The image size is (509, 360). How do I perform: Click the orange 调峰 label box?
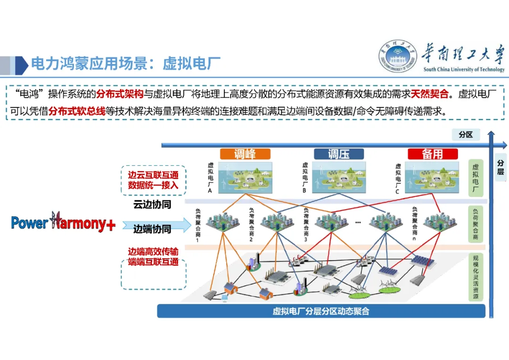(x=245, y=154)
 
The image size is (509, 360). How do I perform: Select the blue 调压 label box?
(x=339, y=154)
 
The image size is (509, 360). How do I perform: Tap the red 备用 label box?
(x=433, y=154)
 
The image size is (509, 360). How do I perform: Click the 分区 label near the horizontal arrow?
(x=466, y=135)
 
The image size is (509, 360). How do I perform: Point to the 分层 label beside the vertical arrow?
(x=501, y=168)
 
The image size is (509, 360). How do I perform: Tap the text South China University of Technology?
(x=464, y=70)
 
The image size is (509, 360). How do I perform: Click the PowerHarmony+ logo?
(x=63, y=223)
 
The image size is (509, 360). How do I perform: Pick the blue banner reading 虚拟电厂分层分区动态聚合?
(x=321, y=311)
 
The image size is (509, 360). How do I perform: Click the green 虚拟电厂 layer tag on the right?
(x=476, y=179)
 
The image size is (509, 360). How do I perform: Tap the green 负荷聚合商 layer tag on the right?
(x=476, y=224)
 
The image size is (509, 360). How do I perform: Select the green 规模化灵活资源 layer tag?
(x=476, y=278)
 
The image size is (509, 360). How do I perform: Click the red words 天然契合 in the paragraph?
(x=429, y=94)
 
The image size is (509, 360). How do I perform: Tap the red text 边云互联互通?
(x=153, y=175)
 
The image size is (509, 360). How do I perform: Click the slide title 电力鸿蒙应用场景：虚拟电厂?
(x=126, y=63)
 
